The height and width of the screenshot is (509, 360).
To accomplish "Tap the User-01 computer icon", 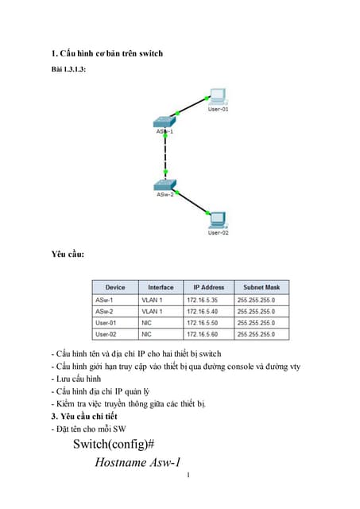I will [x=218, y=98].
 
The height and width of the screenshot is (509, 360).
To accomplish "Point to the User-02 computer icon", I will [x=217, y=218].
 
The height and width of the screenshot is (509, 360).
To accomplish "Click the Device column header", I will [x=114, y=287].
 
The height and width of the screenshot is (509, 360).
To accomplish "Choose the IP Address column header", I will [x=208, y=287].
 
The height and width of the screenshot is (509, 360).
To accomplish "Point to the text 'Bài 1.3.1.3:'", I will [x=68, y=70].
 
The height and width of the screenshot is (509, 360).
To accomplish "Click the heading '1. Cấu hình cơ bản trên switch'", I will [x=106, y=54].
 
